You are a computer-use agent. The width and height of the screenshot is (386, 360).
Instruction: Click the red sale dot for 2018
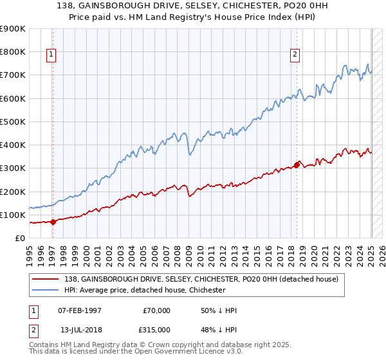pyautogui.click(x=297, y=165)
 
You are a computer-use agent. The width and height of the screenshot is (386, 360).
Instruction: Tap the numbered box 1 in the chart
pyautogui.click(x=51, y=55)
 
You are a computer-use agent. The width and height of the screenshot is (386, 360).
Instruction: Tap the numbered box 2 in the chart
pyautogui.click(x=295, y=55)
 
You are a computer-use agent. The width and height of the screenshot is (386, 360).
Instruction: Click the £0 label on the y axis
pyautogui.click(x=19, y=239)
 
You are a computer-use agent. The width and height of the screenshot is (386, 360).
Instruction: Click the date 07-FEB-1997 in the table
pyautogui.click(x=80, y=310)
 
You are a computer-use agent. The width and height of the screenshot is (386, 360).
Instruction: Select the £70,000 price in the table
pyautogui.click(x=156, y=310)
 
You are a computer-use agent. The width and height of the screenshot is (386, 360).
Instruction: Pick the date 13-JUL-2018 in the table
pyautogui.click(x=80, y=329)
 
